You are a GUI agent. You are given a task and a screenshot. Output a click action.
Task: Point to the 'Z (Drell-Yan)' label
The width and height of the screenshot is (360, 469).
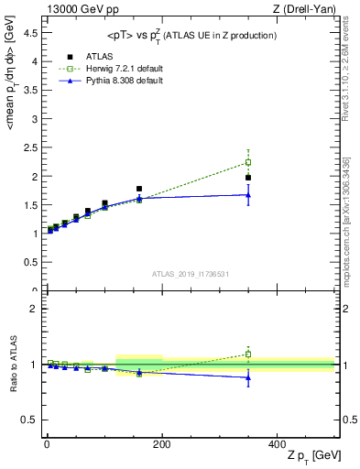308,9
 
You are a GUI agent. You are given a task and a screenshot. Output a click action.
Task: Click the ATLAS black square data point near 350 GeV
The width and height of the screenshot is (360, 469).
248,178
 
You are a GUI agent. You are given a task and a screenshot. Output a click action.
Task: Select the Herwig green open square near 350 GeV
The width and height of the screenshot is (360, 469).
248,162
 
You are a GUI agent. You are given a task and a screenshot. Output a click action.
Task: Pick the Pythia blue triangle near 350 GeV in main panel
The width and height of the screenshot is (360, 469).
248,194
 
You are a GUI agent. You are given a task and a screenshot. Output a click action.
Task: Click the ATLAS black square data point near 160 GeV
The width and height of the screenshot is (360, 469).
139,189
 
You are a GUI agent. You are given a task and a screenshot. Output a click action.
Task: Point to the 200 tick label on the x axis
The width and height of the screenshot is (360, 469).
161,442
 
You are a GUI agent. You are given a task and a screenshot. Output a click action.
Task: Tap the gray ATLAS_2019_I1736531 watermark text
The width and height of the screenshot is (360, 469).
191,274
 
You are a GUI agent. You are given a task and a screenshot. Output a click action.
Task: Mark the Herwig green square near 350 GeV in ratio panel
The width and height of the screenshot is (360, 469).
248,354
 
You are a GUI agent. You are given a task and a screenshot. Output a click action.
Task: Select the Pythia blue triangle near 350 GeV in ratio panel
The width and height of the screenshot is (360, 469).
248,376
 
